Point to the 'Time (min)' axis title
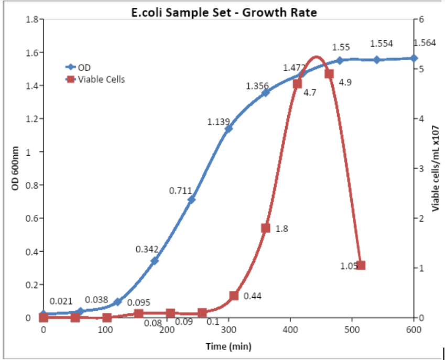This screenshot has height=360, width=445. (228, 346)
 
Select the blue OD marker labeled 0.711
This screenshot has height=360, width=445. (192, 200)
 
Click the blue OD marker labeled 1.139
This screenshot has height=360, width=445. (229, 128)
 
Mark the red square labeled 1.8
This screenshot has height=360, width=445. (266, 228)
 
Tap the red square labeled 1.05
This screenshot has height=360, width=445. (361, 266)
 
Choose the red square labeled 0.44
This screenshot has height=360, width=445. (234, 296)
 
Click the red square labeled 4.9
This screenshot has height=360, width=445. (329, 74)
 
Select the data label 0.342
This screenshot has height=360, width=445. (147, 249)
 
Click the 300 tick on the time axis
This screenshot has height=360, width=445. (229, 329)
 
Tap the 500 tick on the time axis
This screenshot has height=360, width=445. (352, 329)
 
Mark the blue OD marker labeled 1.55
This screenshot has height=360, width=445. (340, 60)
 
